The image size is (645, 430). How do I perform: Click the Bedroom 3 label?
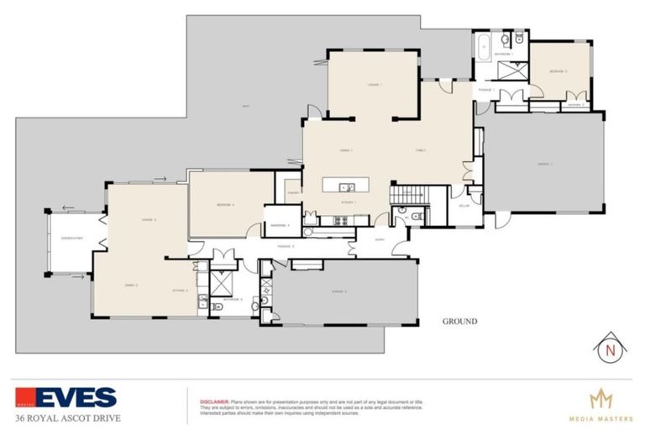[x=560, y=71]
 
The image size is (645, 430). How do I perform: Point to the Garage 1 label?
[x=544, y=164]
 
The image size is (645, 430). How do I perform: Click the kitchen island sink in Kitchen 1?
[x=350, y=187]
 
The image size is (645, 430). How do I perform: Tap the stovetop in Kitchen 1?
[x=340, y=221]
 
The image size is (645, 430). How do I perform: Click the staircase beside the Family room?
[x=409, y=196]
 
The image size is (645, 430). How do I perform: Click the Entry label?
[x=379, y=239]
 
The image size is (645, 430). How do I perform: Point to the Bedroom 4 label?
[x=224, y=204]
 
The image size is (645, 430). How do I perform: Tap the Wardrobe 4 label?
[x=281, y=225]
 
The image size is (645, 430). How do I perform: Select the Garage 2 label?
[x=338, y=291]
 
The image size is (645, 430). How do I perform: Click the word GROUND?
[x=459, y=322]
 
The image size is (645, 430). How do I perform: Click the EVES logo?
[x=66, y=397]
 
